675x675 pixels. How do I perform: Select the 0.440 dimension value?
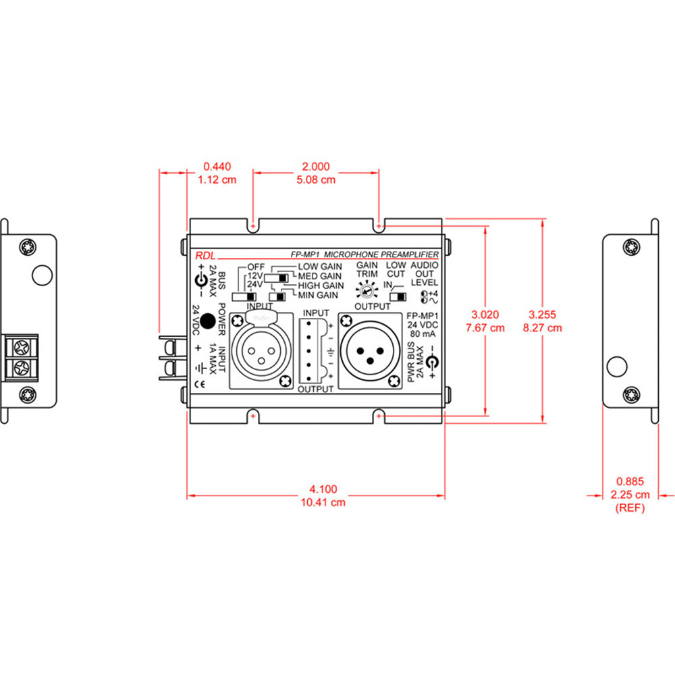(x=217, y=166)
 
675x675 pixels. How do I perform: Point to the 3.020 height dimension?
(x=487, y=315)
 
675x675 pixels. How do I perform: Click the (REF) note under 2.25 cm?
(x=630, y=508)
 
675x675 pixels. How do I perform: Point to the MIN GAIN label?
(x=317, y=295)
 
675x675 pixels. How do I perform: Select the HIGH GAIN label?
(x=320, y=286)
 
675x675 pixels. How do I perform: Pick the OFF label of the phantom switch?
(x=256, y=267)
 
